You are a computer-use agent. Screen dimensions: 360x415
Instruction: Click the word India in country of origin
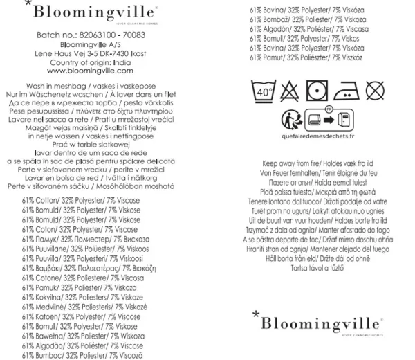[121, 62]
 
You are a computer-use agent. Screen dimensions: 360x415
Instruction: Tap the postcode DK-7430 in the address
[116, 52]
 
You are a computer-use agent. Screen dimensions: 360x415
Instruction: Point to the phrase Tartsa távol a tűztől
[317, 266]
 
